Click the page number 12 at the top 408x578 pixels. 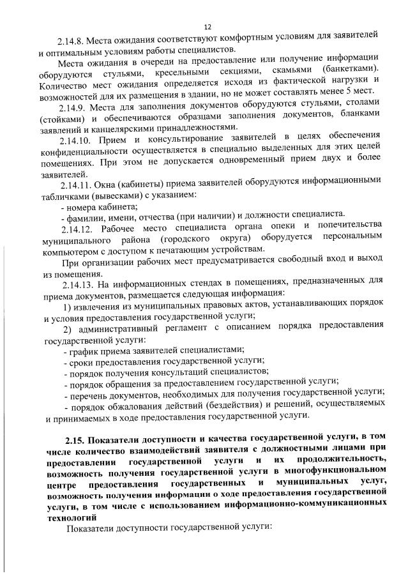(x=207, y=27)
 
